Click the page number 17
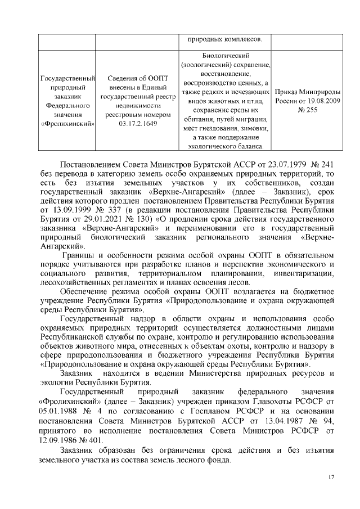(x=331, y=477)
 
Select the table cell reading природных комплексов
(x=224, y=40)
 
